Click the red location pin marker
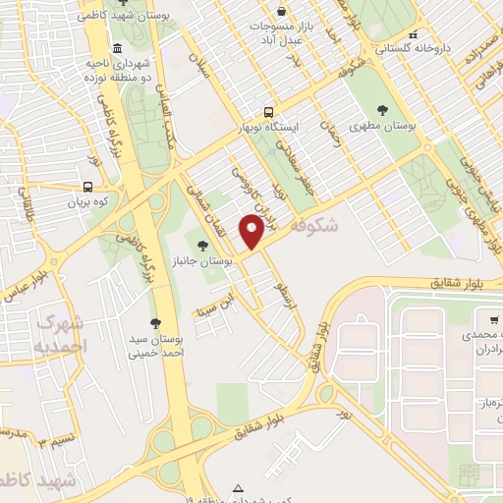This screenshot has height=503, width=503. click(x=252, y=232)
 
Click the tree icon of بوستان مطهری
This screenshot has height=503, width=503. click(x=382, y=110)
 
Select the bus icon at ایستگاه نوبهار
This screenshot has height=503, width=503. click(x=268, y=112)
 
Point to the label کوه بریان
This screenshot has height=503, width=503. click(x=84, y=203)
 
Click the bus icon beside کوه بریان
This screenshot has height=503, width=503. click(x=88, y=187)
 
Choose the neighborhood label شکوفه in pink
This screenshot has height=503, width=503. click(x=314, y=226)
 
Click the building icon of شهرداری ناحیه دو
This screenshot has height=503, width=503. click(x=118, y=48)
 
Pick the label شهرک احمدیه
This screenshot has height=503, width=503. click(x=61, y=334)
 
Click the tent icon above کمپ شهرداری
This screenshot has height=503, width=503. click(x=237, y=488)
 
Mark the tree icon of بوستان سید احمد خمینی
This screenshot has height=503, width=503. click(x=155, y=322)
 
